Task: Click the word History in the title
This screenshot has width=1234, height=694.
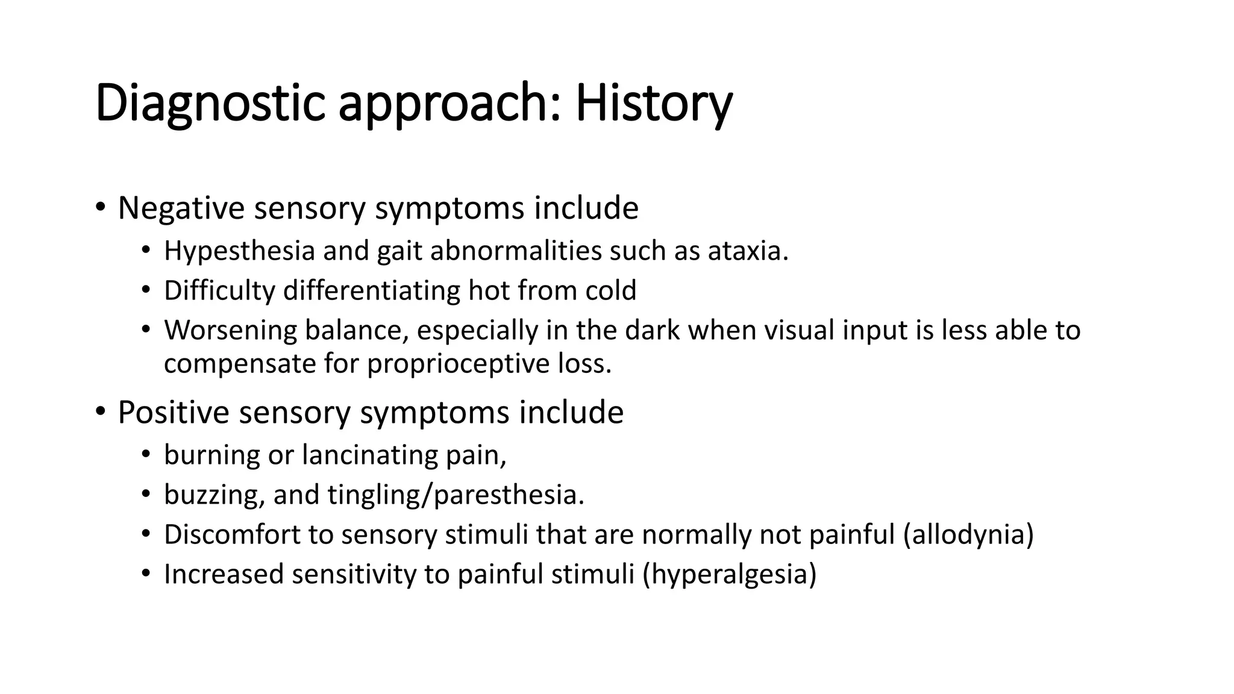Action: (654, 104)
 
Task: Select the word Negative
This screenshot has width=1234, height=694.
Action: (181, 208)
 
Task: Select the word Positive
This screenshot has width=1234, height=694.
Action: (174, 413)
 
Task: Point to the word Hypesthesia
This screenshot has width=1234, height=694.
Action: (239, 251)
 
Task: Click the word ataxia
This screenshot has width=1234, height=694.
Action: (748, 251)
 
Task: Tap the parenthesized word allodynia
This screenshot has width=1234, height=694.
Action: (968, 534)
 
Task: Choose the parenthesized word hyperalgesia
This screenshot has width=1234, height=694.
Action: (730, 574)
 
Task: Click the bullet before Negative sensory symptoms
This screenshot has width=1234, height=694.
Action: (100, 208)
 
